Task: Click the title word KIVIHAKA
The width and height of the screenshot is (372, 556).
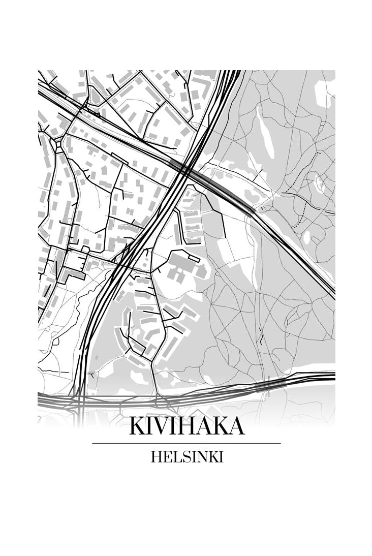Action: tap(187, 426)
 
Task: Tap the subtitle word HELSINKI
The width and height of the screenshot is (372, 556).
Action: tap(187, 457)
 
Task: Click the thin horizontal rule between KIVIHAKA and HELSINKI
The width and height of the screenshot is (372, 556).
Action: tap(187, 443)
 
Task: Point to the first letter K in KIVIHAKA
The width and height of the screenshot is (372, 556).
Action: tap(136, 426)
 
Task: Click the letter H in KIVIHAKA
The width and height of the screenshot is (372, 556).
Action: tap(187, 426)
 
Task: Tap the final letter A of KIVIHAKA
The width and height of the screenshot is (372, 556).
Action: tap(235, 426)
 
